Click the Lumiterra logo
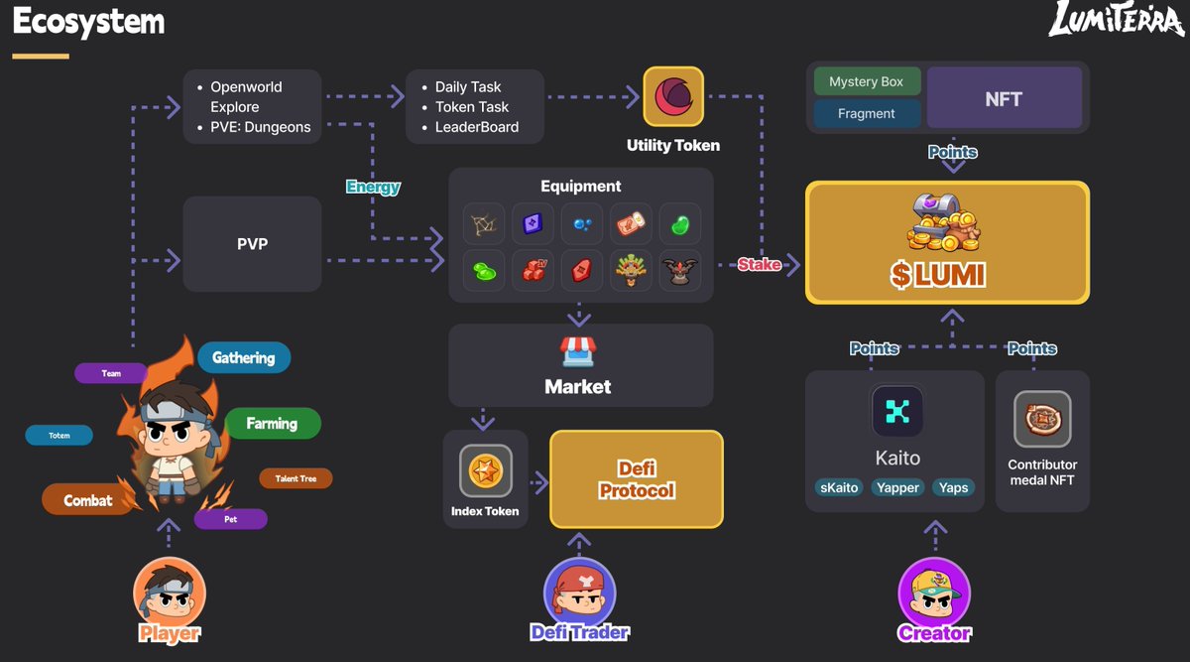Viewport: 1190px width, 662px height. (1115, 20)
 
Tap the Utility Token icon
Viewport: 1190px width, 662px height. (673, 97)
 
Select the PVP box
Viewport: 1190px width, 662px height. (252, 243)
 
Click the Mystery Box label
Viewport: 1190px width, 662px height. (867, 81)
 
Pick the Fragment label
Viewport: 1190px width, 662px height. (867, 113)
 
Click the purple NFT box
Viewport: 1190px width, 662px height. (1004, 98)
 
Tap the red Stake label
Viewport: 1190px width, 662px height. (760, 265)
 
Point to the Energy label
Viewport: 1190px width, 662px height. (373, 187)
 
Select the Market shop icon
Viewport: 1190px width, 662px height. (578, 350)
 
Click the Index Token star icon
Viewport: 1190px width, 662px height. (486, 470)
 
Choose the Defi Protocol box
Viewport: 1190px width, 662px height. (637, 478)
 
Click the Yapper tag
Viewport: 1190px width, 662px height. (897, 487)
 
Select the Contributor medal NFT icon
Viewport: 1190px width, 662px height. (1042, 419)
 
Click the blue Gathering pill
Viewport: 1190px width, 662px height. (244, 357)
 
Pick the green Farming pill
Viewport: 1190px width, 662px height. (272, 424)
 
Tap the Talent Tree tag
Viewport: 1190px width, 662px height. (296, 478)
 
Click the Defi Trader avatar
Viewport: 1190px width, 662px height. (579, 592)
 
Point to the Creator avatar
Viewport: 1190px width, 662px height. (933, 592)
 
